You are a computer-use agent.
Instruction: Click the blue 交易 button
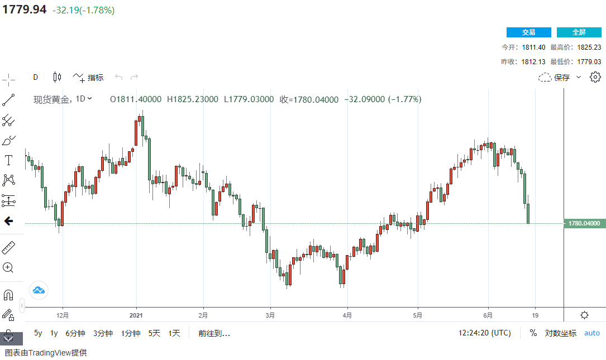coord(528,32)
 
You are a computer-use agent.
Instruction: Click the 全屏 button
coord(579,32)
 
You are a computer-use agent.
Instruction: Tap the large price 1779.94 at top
coord(23,10)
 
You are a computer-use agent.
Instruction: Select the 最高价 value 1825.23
coord(589,47)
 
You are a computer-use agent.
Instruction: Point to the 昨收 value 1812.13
coord(533,61)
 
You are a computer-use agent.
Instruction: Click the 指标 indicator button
coord(88,78)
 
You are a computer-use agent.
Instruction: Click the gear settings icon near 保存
coord(595,77)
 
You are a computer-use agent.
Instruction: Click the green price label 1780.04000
coord(584,223)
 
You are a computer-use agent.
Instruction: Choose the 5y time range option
coord(38,333)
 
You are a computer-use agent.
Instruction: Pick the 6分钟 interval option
coord(75,333)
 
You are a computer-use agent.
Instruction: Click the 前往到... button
coord(214,333)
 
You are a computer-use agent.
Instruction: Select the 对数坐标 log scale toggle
coord(560,333)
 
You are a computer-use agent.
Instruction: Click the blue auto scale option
coord(591,333)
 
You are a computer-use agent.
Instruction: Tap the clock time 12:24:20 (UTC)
coord(484,333)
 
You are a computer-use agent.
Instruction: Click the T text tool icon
coord(9,160)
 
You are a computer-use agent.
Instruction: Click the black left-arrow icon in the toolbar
coord(8,221)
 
